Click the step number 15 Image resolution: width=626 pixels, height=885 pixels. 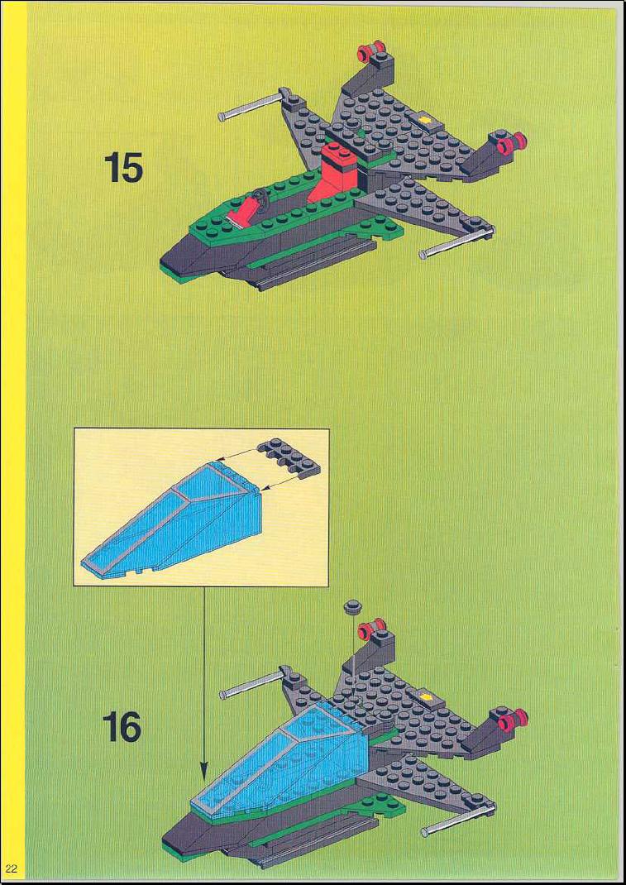pyautogui.click(x=123, y=168)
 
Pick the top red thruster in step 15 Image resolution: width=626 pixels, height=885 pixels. pyautogui.click(x=370, y=52)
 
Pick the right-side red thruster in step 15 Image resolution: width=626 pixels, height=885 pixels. pyautogui.click(x=511, y=143)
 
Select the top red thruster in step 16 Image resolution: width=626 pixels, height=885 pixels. pyautogui.click(x=371, y=627)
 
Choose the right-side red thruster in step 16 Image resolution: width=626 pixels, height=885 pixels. pyautogui.click(x=513, y=720)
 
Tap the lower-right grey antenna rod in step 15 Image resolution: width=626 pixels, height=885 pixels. pyautogui.click(x=458, y=242)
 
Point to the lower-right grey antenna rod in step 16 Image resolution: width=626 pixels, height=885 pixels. pyautogui.click(x=459, y=818)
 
